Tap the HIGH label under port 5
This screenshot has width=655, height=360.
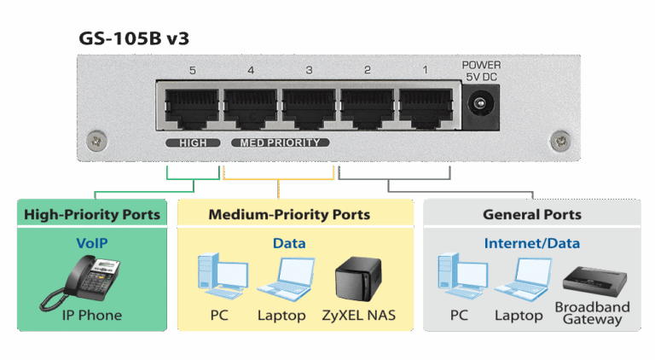click(193, 142)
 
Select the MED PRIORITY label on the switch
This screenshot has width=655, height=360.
click(281, 142)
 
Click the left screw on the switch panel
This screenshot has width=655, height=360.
click(96, 136)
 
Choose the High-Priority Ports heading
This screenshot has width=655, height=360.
click(92, 214)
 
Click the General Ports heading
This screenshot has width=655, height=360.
click(531, 214)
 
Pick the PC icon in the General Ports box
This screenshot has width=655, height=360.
click(458, 277)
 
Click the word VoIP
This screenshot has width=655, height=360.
click(92, 243)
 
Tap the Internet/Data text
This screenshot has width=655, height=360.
click(531, 243)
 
